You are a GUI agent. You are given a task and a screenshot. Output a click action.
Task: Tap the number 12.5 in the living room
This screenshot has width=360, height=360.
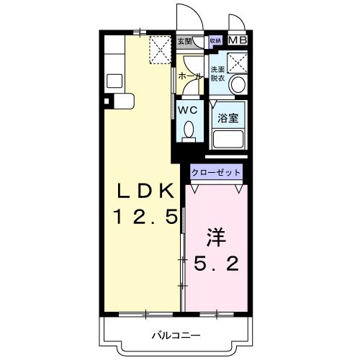tap(145, 216)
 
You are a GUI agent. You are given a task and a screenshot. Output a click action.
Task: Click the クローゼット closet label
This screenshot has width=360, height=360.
tap(216, 173)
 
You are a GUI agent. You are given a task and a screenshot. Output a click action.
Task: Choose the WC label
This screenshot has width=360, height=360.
tap(188, 110)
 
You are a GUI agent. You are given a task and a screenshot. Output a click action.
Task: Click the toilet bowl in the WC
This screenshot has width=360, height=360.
tap(189, 130)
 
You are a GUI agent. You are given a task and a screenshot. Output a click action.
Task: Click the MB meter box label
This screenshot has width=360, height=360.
tap(238, 40)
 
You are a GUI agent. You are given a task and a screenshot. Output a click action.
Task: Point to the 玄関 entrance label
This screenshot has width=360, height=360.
tap(184, 41)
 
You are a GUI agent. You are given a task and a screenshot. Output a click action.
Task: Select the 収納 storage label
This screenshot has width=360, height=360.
tap(215, 41)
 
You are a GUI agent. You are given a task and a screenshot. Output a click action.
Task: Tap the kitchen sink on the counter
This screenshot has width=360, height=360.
tap(114, 79)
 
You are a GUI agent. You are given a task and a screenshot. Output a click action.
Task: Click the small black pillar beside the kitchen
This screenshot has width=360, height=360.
tap(106, 102)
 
